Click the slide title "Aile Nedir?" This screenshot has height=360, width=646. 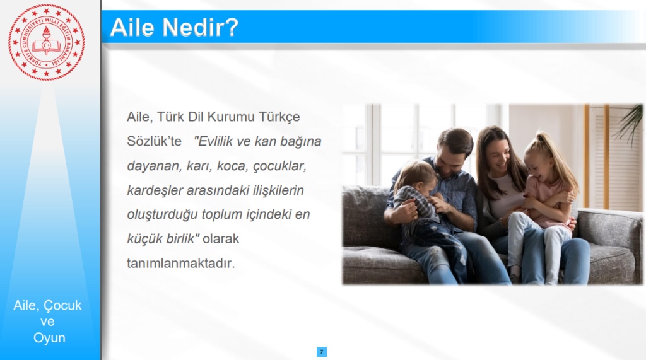[x=174, y=28]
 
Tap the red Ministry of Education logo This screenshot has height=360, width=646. [x=47, y=42]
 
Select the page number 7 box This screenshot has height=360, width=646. [x=322, y=352]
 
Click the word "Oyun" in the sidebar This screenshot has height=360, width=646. [x=49, y=338]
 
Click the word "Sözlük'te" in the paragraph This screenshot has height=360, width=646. [x=154, y=141]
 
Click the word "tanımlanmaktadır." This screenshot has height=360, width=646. [x=181, y=263]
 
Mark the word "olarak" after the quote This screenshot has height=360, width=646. [x=221, y=239]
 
